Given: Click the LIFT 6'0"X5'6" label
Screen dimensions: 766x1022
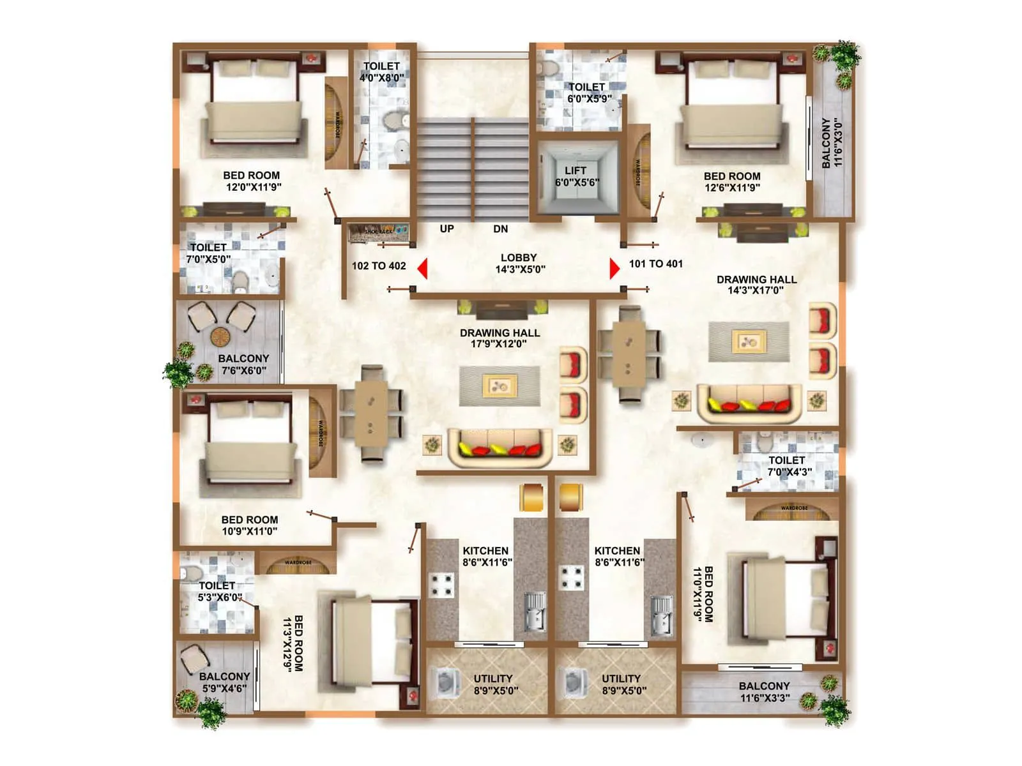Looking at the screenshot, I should (x=576, y=176).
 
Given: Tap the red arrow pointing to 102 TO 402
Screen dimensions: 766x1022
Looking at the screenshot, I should (x=422, y=268).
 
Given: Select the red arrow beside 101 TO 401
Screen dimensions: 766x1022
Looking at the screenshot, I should (x=614, y=268).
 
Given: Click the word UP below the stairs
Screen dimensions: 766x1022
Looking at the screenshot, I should (x=446, y=229).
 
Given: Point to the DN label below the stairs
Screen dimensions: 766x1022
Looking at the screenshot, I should (x=500, y=229).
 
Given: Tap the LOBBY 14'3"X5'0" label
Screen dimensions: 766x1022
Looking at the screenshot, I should (x=519, y=263).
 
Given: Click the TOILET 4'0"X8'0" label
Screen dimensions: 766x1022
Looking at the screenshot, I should (x=381, y=71).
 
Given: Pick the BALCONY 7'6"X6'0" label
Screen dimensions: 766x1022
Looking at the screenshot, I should (x=243, y=364).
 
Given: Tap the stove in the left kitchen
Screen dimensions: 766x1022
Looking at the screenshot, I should (x=441, y=583).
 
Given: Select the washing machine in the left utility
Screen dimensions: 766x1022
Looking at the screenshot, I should (x=446, y=682).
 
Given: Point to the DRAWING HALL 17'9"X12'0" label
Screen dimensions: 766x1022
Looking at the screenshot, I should (x=500, y=338).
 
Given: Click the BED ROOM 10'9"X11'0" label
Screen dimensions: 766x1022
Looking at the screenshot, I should (x=249, y=525).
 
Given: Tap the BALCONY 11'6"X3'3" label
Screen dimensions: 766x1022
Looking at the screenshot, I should (x=764, y=691).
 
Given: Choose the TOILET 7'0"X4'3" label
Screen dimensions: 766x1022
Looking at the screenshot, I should (x=788, y=466).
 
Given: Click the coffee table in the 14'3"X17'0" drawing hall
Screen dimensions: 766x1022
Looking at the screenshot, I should (x=749, y=342).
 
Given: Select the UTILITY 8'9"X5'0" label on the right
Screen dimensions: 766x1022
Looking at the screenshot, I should (x=622, y=684).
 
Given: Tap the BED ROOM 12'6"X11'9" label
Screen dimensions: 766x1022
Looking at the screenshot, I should (x=732, y=181).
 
